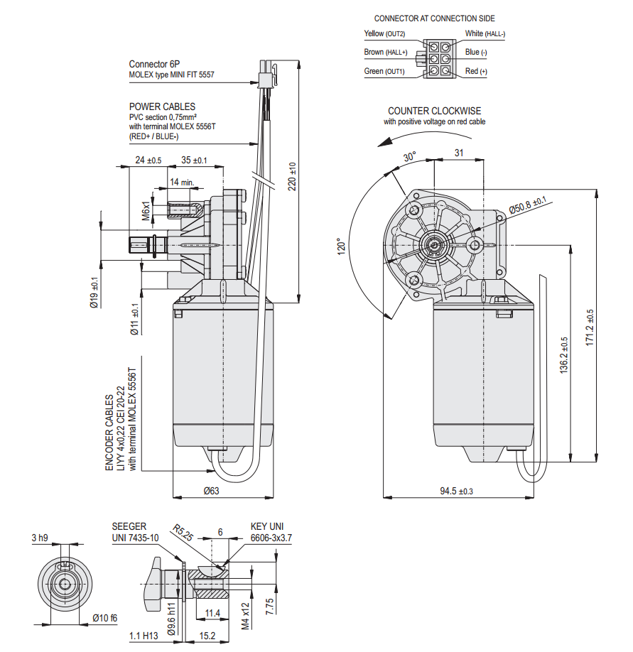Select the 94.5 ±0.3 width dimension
pos(456,491)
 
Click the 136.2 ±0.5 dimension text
pos(564,355)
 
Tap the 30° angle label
pos(411,158)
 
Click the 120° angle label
pos(342,246)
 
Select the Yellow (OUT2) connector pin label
pos(384,33)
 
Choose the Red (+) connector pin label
pos(477,72)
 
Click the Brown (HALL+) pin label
pos(386,53)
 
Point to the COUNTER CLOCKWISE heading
pos(434,111)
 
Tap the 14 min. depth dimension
pos(182,183)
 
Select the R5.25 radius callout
pos(183,533)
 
